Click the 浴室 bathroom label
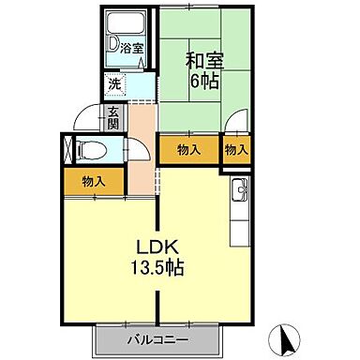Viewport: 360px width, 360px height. (x=130, y=48)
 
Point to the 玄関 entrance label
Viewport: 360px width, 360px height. (x=112, y=117)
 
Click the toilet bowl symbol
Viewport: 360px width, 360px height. (x=91, y=149)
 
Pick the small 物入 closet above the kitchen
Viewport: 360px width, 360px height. (x=235, y=149)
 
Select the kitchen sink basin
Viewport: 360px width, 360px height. (x=238, y=193)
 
